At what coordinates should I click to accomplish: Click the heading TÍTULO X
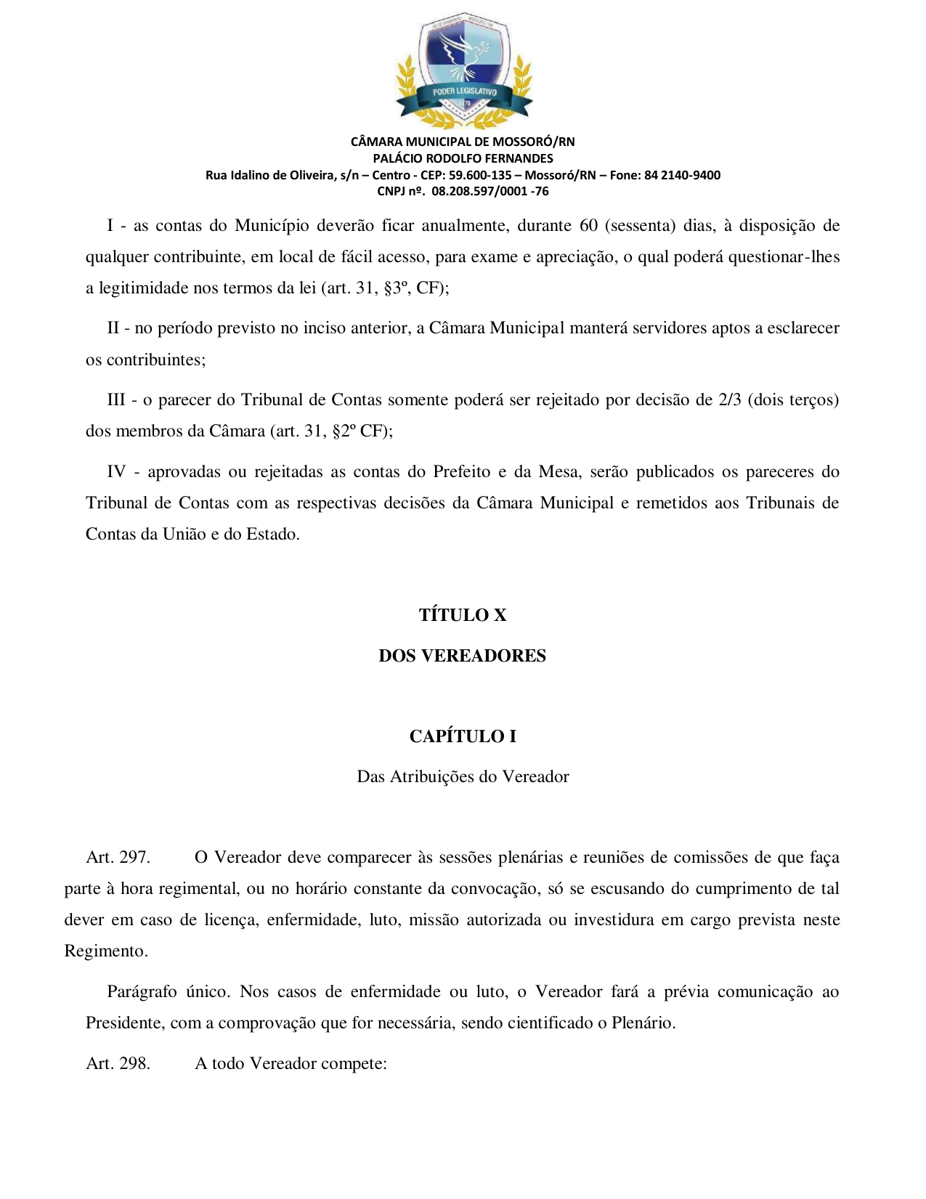point(463,615)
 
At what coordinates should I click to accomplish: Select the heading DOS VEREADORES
point(462,656)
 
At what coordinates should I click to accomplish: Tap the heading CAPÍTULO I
point(463,736)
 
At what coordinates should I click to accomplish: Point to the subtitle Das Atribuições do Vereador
point(463,777)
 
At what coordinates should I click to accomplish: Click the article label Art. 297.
point(118,858)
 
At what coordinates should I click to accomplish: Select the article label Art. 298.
point(118,1064)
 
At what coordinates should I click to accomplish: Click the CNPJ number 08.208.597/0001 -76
point(490,192)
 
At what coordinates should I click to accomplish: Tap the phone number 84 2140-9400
point(682,175)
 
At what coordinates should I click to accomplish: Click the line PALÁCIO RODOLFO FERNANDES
point(463,158)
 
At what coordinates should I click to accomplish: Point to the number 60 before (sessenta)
point(588,226)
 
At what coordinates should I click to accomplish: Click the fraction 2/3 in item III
point(730,400)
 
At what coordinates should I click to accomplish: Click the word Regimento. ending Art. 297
point(106,951)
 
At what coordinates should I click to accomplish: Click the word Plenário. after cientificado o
point(643,1023)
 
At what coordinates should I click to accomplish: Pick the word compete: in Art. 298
point(354,1064)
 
